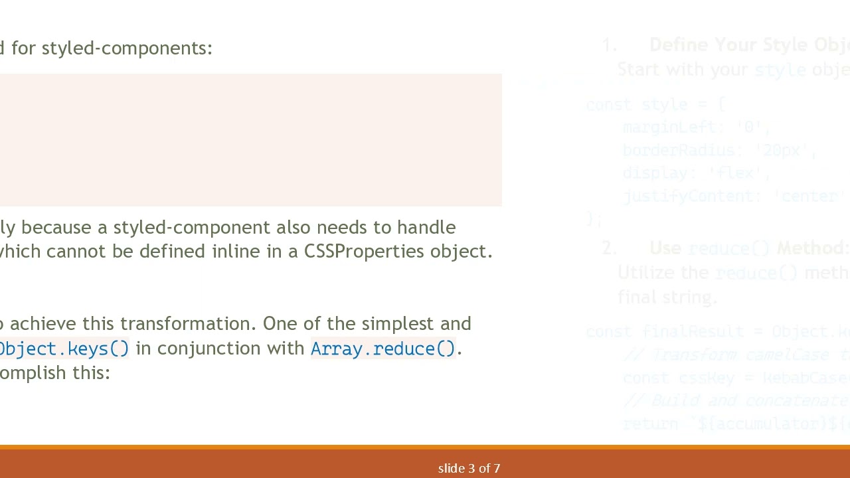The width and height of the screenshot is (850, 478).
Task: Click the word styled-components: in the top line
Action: pyautogui.click(x=127, y=48)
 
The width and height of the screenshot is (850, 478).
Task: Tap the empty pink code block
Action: pyautogui.click(x=250, y=140)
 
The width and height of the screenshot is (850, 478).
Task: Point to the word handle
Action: pyautogui.click(x=426, y=228)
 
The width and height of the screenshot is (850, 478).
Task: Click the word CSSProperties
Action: pyautogui.click(x=364, y=252)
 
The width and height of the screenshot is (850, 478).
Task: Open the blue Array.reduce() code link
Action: pyautogui.click(x=383, y=349)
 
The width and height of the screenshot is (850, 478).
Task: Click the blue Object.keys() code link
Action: pyautogui.click(x=64, y=349)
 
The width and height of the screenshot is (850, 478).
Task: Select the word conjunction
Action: pyautogui.click(x=210, y=349)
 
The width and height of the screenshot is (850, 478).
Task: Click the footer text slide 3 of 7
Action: pyautogui.click(x=469, y=469)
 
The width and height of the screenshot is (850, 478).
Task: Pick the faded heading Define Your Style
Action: pyautogui.click(x=730, y=45)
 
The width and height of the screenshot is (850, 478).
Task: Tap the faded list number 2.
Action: pyautogui.click(x=609, y=248)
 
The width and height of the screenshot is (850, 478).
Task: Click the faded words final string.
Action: pyautogui.click(x=667, y=297)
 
